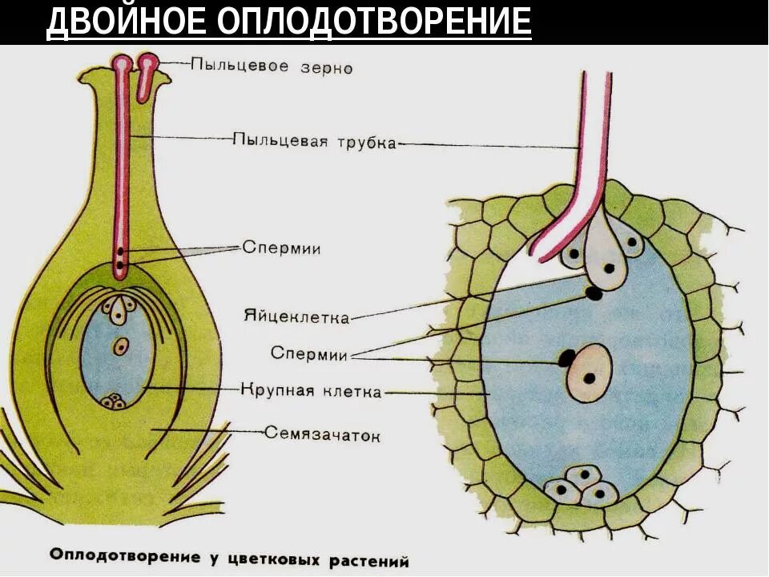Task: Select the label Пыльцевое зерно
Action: tap(272, 67)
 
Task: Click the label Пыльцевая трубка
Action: tap(314, 142)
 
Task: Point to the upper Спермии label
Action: tap(281, 248)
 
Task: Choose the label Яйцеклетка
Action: tap(296, 317)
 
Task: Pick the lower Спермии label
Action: tap(308, 353)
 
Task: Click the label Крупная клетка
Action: tap(311, 392)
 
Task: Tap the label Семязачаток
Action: tap(322, 435)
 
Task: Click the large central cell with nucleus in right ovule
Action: tap(589, 373)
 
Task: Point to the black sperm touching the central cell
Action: tap(566, 357)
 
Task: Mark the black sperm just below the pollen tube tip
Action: tap(594, 293)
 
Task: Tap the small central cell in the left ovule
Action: tap(121, 347)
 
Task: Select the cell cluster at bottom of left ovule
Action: tap(115, 401)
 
